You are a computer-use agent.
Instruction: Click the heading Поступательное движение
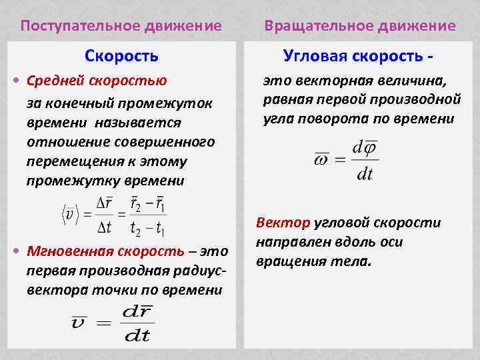(x=121, y=26)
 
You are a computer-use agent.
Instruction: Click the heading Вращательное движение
(x=359, y=26)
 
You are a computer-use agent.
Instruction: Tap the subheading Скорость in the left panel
(x=121, y=56)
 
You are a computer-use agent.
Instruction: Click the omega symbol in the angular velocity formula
(x=321, y=159)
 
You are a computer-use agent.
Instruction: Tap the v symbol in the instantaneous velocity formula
(x=78, y=323)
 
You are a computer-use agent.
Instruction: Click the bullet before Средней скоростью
(x=17, y=81)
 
